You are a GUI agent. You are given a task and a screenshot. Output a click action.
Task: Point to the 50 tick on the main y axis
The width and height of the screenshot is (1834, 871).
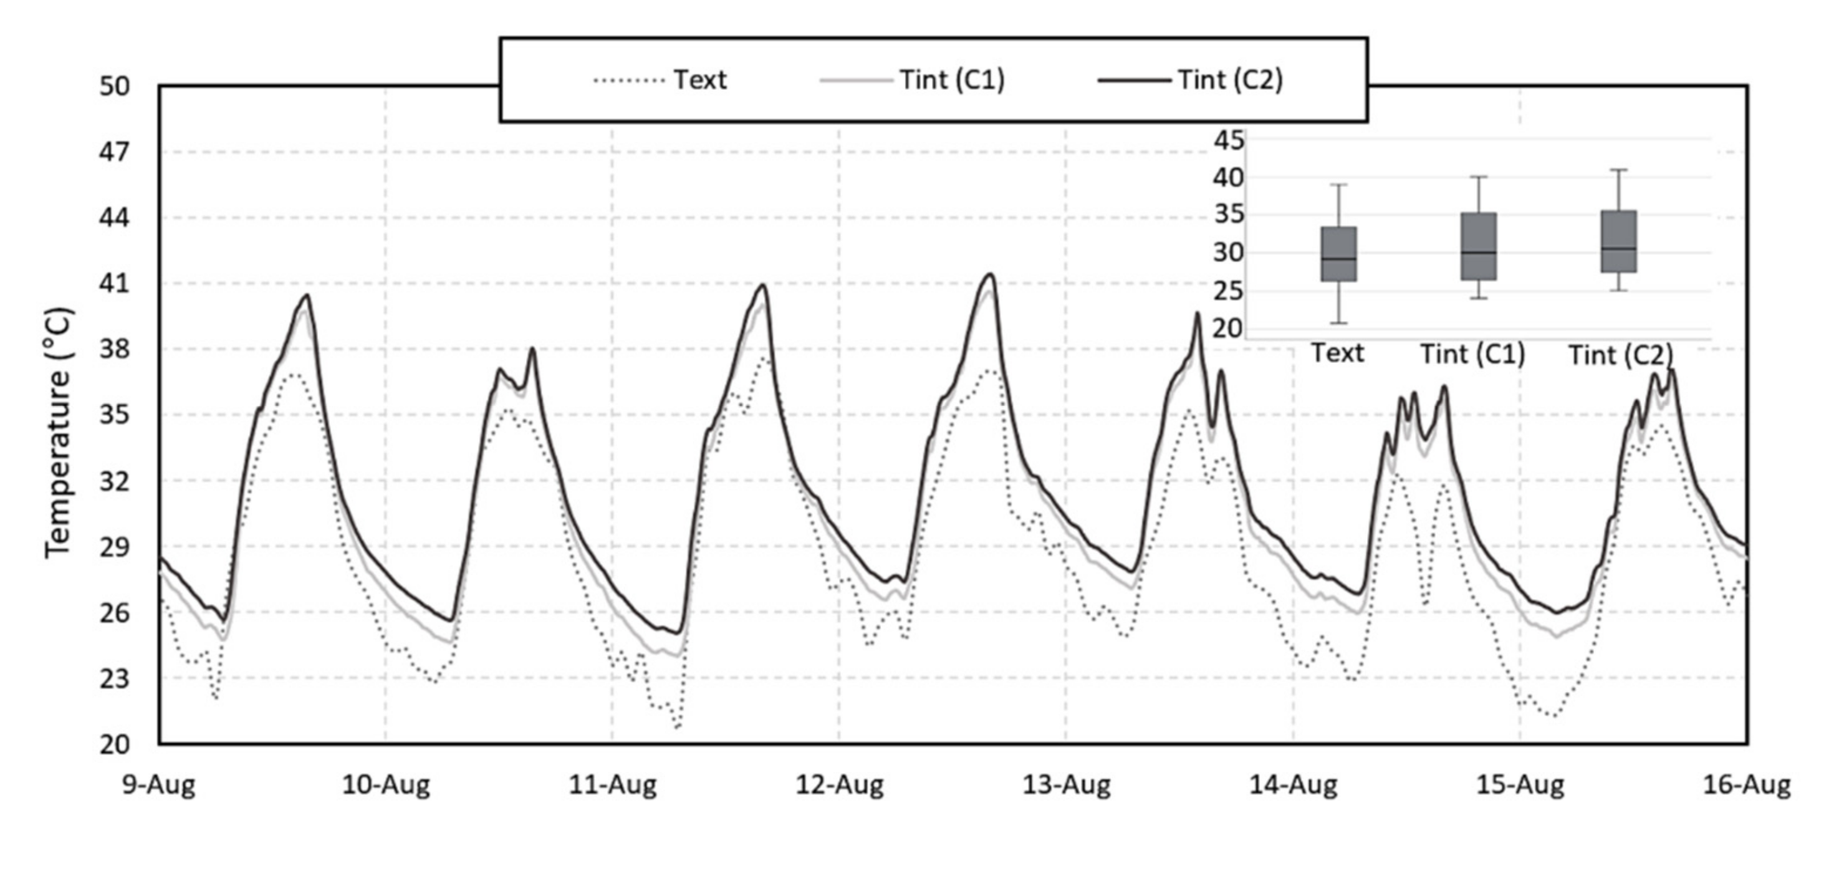point(114,86)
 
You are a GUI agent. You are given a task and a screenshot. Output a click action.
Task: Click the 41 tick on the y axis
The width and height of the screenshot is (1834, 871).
point(114,284)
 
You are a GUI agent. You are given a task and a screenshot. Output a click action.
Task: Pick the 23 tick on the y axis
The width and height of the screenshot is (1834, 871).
point(114,679)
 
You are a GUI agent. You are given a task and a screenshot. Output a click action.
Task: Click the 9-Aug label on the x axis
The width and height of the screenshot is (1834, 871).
point(159,785)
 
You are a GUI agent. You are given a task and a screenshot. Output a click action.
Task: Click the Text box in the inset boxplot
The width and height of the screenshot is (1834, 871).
point(1338,254)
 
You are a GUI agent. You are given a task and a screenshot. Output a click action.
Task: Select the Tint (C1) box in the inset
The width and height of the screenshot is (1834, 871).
point(1479,246)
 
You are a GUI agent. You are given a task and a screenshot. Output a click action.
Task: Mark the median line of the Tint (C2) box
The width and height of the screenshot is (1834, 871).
point(1619,249)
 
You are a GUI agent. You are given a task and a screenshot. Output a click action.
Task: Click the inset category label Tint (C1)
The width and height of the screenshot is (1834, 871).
point(1472,354)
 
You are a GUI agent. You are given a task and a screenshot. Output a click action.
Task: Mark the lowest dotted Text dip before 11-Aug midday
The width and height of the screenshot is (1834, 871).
point(677,727)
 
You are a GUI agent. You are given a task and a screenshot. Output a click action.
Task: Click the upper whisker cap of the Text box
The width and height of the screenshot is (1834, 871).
point(1338,185)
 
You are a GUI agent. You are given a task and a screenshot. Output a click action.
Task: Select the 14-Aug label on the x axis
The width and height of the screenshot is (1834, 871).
point(1293,785)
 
